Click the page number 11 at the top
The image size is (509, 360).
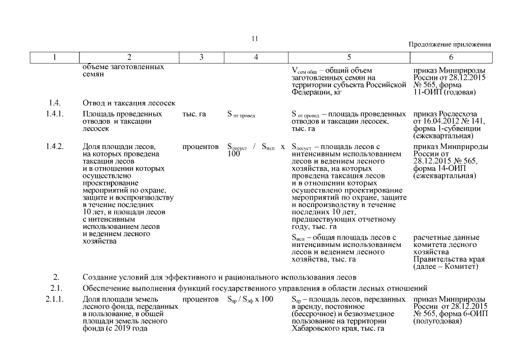(254, 39)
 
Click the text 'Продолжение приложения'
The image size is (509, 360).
(449, 44)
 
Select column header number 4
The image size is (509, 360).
(256, 57)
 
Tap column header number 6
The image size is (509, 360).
(451, 57)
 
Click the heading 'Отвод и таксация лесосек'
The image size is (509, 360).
(129, 103)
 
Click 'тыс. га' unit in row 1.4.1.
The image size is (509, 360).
(194, 114)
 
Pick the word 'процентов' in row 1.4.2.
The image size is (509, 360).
(201, 147)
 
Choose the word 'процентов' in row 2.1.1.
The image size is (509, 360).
(201, 299)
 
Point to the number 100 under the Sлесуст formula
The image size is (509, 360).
(234, 154)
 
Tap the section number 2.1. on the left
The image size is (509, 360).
(56, 288)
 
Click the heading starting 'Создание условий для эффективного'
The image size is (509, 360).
(219, 277)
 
